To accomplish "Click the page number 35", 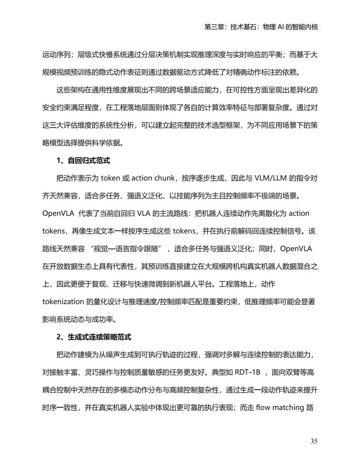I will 314,441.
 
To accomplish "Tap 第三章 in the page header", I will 214,27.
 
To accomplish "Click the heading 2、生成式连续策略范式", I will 94,337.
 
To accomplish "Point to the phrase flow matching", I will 279,407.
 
